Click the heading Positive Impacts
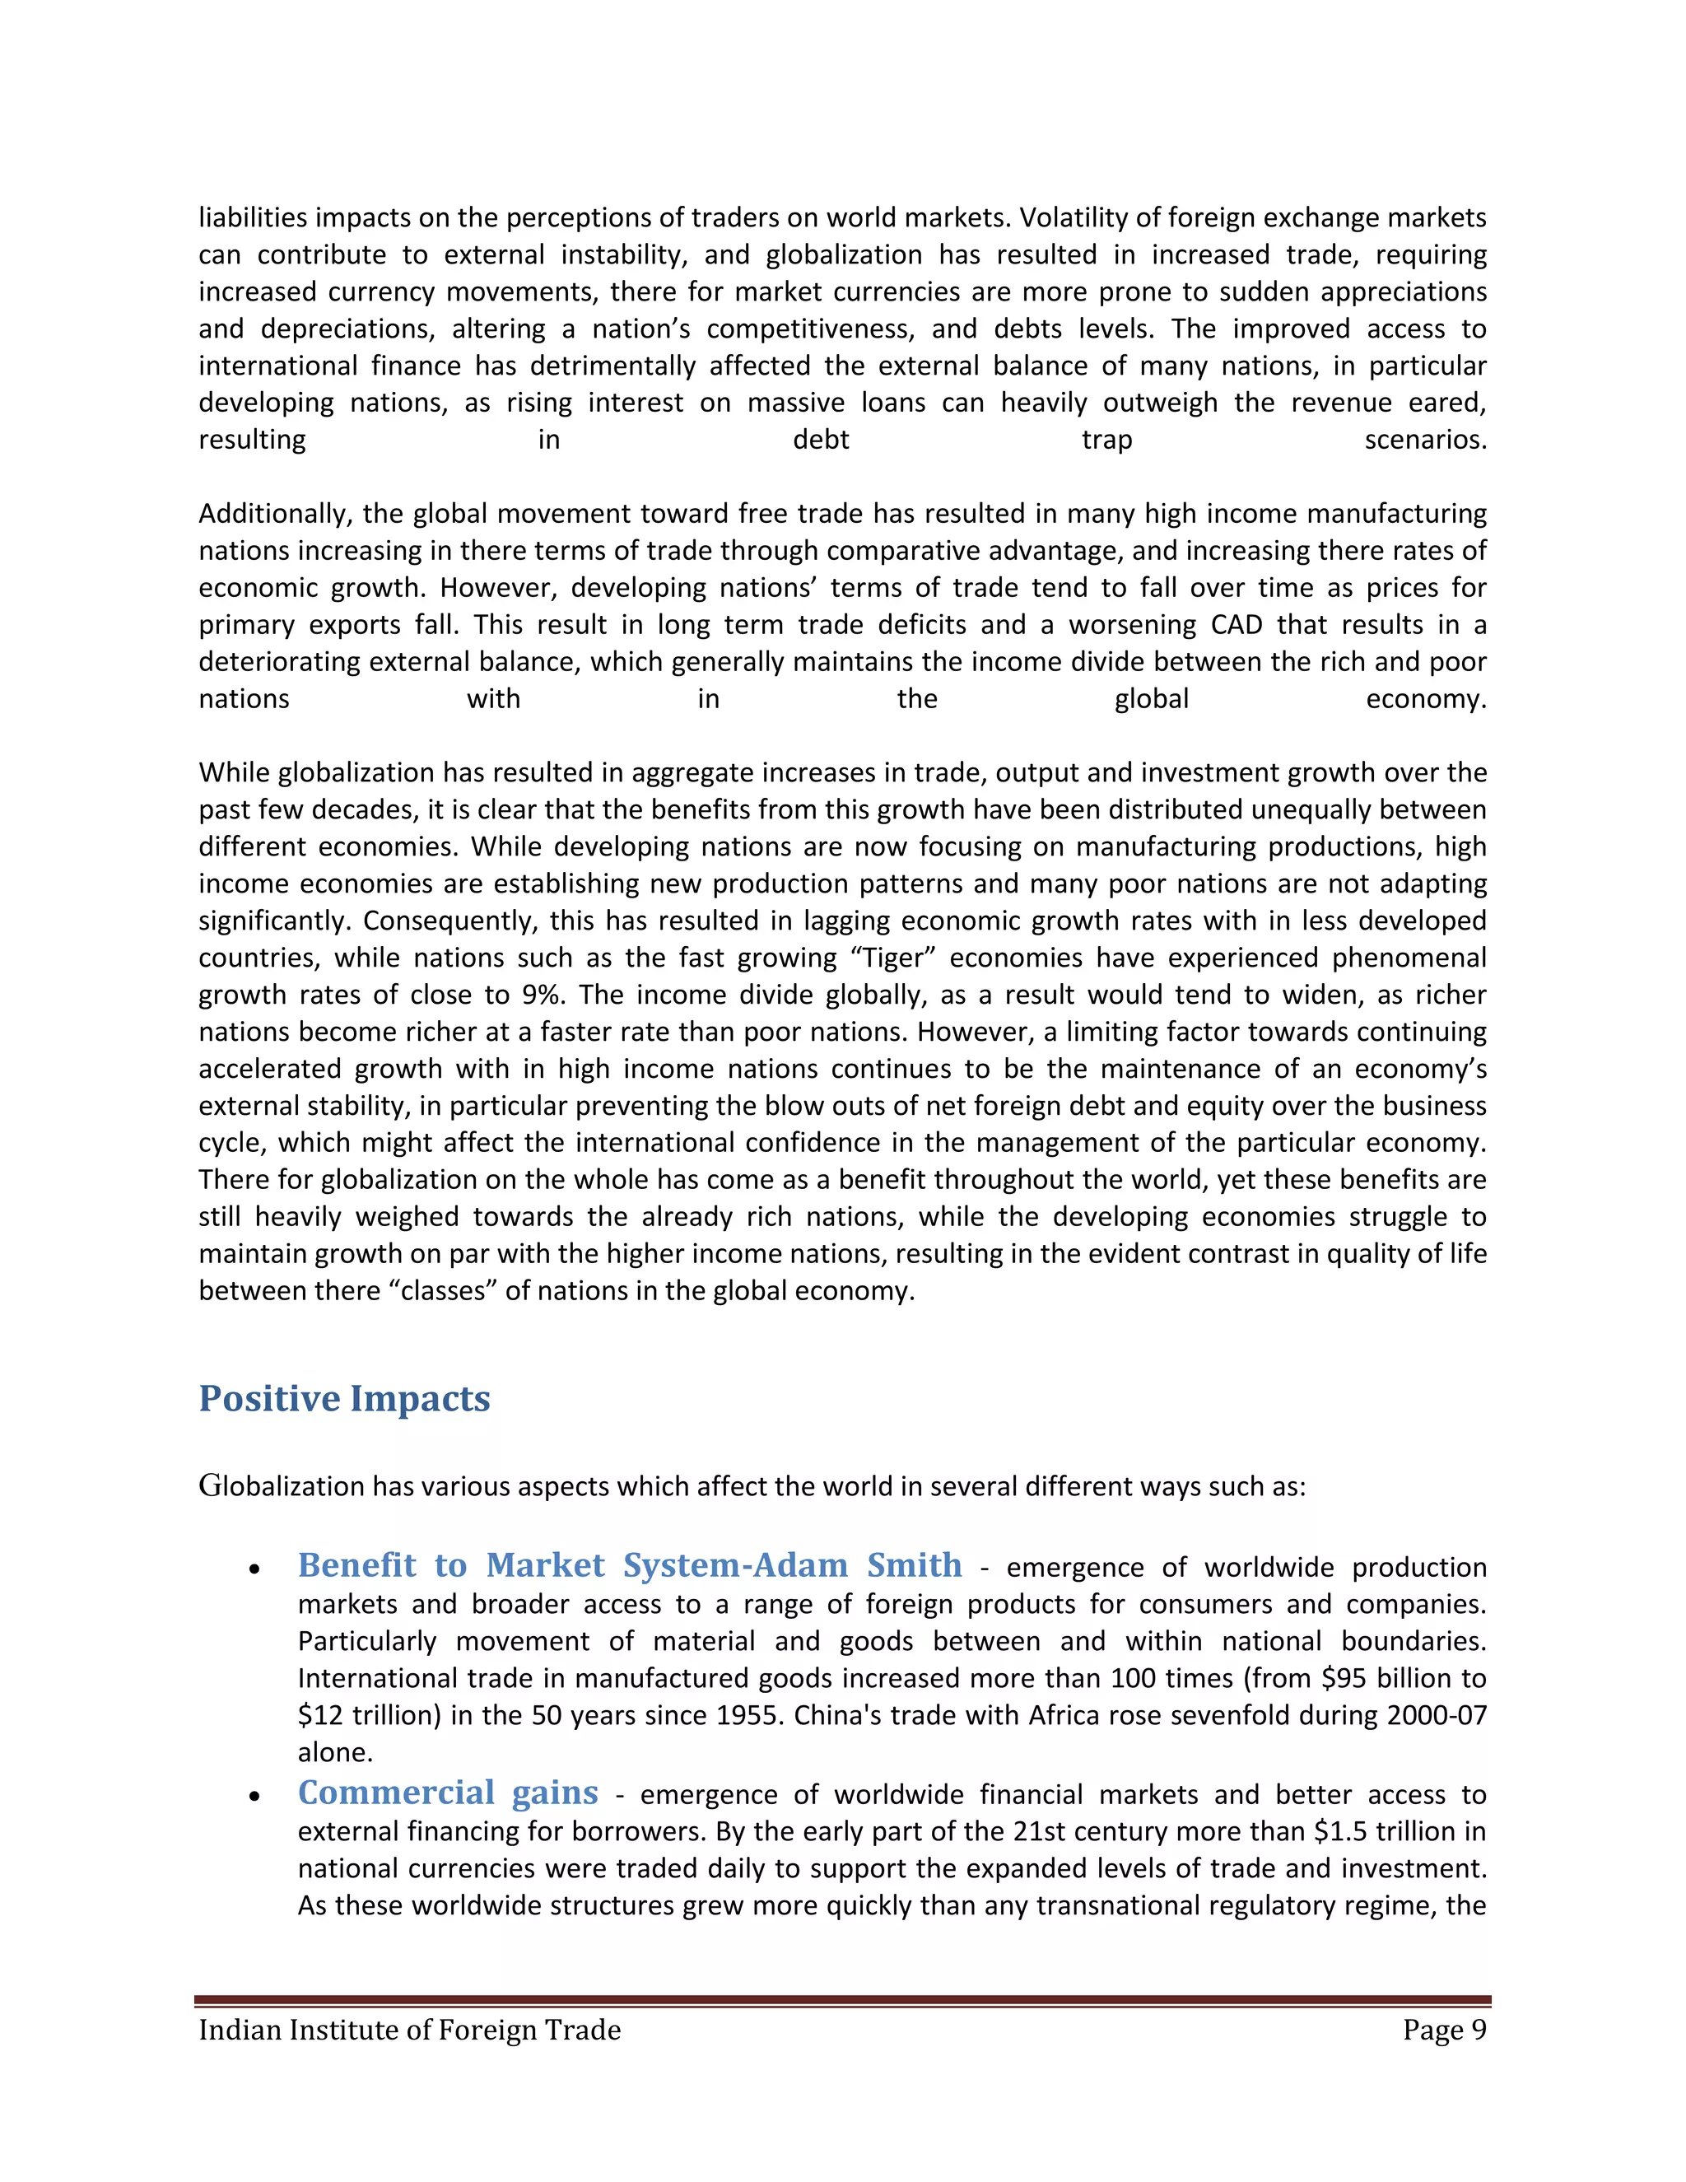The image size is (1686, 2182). click(x=345, y=1399)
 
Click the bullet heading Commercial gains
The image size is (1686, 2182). click(x=448, y=1793)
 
